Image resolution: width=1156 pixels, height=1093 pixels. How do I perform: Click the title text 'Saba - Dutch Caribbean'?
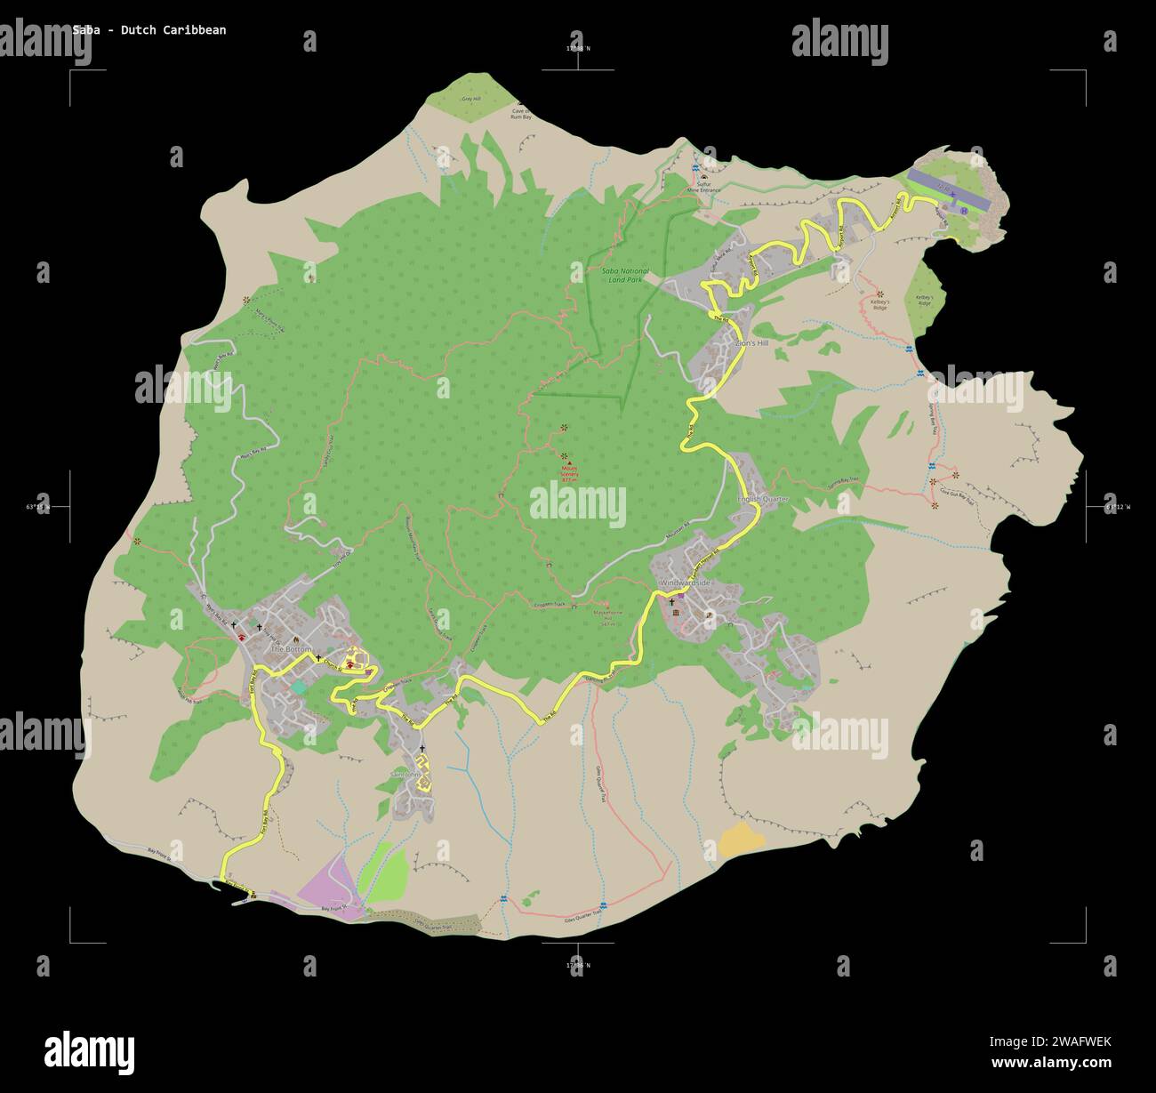click(149, 30)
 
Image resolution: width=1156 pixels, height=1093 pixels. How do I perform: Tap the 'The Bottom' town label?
click(291, 650)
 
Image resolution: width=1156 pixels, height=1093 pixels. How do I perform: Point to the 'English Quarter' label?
click(763, 500)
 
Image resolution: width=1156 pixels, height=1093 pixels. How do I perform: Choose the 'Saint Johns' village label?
click(410, 774)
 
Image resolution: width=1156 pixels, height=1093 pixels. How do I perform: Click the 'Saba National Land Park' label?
click(625, 275)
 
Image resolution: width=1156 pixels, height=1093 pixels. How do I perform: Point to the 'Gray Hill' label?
click(470, 99)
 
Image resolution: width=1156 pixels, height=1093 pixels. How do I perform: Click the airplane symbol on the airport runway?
click(952, 192)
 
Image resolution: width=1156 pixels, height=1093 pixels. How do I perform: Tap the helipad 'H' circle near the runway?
click(963, 212)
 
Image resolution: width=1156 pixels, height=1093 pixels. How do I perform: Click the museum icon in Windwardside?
click(675, 615)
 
